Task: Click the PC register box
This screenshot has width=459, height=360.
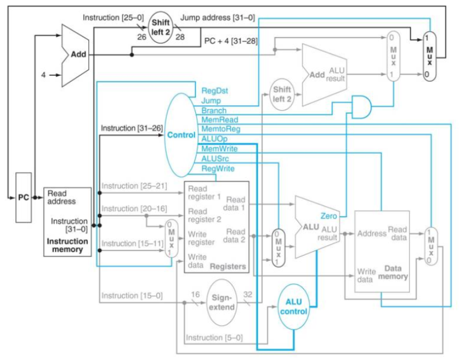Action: coord(23,197)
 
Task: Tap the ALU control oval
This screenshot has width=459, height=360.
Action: coord(294,307)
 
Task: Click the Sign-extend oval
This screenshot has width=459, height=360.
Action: coord(221,303)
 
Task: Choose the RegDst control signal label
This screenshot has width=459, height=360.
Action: coord(214,91)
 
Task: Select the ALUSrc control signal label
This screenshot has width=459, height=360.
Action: coord(215,159)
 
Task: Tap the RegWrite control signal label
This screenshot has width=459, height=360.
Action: coord(218,169)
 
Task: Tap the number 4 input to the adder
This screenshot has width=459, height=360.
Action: coord(43,75)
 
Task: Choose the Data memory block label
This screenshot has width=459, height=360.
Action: coord(392,273)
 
